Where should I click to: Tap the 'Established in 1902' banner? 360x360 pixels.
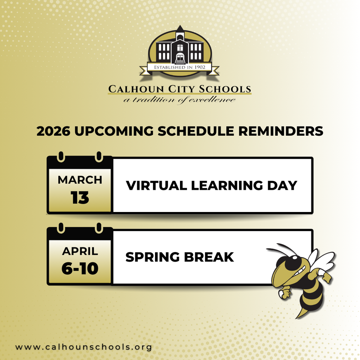click(x=179, y=67)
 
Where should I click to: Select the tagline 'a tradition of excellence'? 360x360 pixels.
click(x=179, y=100)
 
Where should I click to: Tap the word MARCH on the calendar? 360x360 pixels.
click(x=80, y=180)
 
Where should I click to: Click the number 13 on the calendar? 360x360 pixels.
click(x=80, y=198)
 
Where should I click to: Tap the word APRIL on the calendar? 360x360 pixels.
click(x=80, y=251)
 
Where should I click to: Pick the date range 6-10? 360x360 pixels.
click(x=80, y=269)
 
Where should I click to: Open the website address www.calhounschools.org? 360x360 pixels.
click(x=84, y=347)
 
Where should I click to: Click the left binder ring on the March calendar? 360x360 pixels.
click(x=60, y=156)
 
